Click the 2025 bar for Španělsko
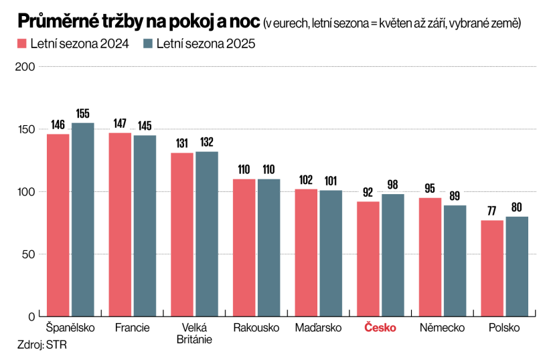pyautogui.click(x=83, y=219)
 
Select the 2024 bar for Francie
pyautogui.click(x=120, y=224)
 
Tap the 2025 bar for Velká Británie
pyautogui.click(x=207, y=234)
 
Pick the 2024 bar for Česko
pyautogui.click(x=368, y=258)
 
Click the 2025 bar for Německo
pyautogui.click(x=455, y=260)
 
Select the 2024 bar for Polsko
pyautogui.click(x=492, y=268)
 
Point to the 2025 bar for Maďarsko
pyautogui.click(x=331, y=253)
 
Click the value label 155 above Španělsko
pyautogui.click(x=83, y=114)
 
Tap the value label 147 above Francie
pyautogui.click(x=120, y=124)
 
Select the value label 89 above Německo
pyautogui.click(x=455, y=196)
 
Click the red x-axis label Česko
pyautogui.click(x=380, y=328)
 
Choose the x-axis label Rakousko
pyautogui.click(x=256, y=328)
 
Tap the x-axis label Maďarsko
pyautogui.click(x=318, y=328)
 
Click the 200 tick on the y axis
pyautogui.click(x=25, y=67)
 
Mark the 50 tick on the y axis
pyautogui.click(x=27, y=254)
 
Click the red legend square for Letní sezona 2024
pyautogui.click(x=21, y=43)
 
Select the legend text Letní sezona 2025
pyautogui.click(x=205, y=43)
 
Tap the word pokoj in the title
pyautogui.click(x=181, y=22)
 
